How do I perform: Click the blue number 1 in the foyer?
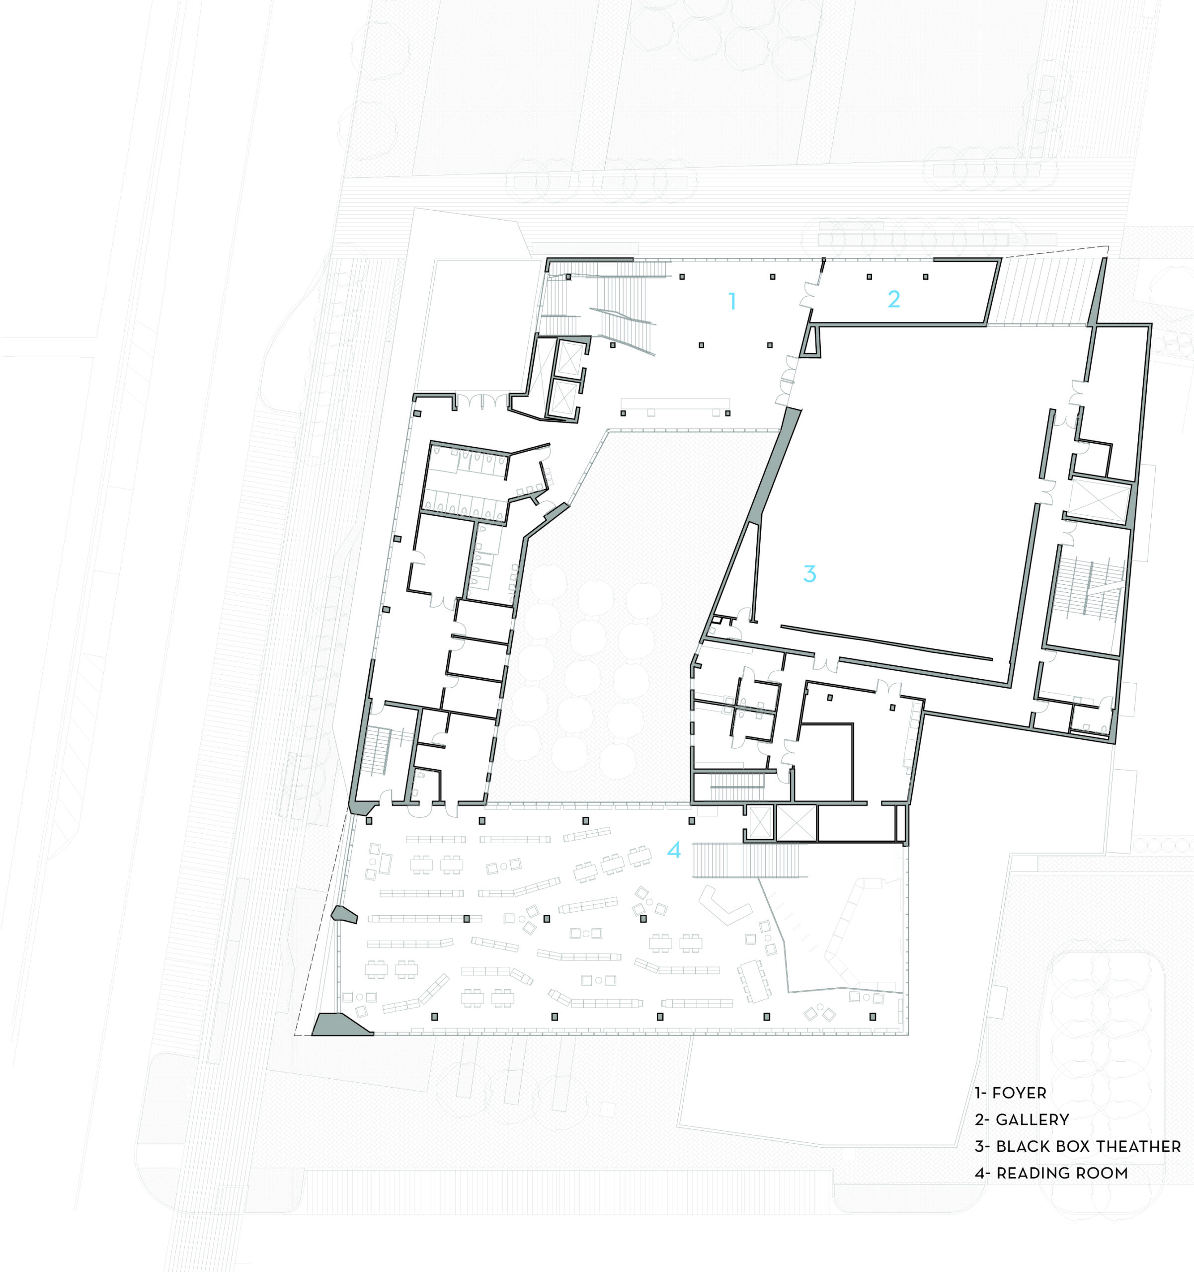click(x=732, y=301)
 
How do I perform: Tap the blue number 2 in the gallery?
click(x=893, y=299)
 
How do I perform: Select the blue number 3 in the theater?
click(x=809, y=573)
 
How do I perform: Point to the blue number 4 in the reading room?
click(x=674, y=849)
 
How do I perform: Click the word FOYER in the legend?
click(x=1019, y=1093)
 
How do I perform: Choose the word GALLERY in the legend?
click(x=1032, y=1120)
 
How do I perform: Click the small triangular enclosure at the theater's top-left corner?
click(x=812, y=342)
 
